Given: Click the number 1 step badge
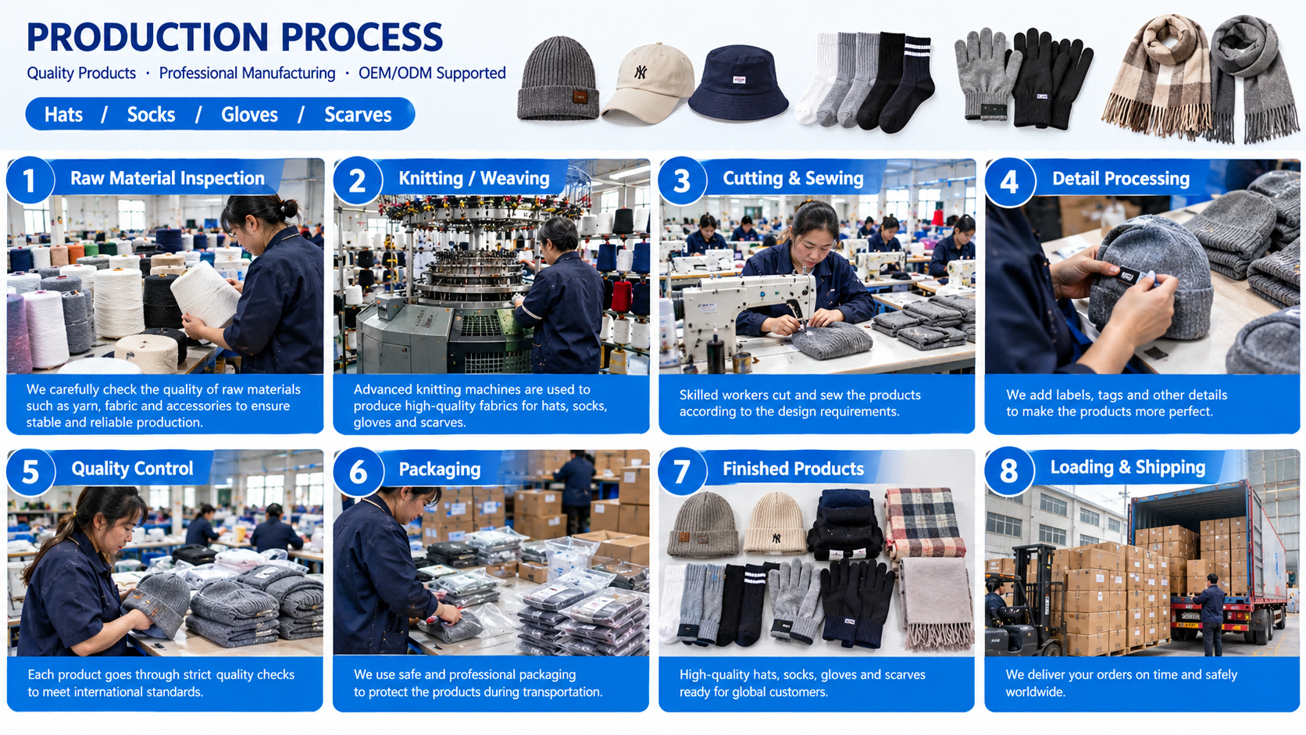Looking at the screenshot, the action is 30,180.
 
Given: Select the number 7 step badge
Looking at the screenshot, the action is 682,471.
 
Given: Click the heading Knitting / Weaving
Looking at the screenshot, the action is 474,178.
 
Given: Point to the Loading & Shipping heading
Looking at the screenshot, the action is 1128,467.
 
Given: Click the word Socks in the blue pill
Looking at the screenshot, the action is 151,114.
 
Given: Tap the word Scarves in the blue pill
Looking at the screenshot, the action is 358,114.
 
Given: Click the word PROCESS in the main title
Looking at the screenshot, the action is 362,37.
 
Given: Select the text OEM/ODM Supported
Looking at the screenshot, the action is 432,73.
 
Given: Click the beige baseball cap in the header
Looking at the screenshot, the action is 648,83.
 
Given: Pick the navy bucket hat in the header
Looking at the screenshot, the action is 739,83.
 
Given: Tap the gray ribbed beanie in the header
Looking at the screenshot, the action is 558,78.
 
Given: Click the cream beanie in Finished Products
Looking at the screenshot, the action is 775,523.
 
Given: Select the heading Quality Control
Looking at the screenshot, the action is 132,469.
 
